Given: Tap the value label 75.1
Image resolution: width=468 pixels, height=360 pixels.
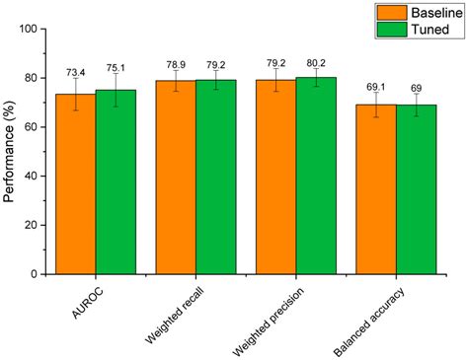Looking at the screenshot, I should (x=117, y=67).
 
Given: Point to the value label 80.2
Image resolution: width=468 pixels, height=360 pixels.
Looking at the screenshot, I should (x=316, y=57).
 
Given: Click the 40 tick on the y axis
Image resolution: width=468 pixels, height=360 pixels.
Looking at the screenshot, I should (x=41, y=176).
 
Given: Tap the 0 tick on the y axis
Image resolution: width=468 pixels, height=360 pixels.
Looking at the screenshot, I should (x=45, y=273).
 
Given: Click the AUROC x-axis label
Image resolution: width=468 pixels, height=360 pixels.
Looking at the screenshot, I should (x=79, y=300).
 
